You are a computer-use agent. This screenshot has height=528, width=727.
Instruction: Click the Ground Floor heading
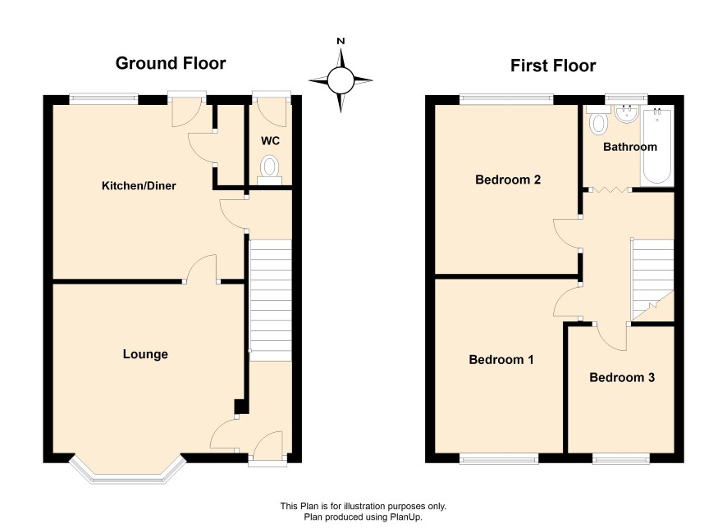[x=171, y=63]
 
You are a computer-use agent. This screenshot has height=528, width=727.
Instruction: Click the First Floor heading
[x=553, y=66]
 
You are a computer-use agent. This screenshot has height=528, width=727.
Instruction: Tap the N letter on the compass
[x=341, y=41]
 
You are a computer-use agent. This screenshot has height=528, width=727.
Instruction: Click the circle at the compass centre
[x=341, y=80]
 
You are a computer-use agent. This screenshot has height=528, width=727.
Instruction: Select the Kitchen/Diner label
[x=139, y=186]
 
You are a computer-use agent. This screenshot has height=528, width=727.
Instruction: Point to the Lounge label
[x=145, y=354]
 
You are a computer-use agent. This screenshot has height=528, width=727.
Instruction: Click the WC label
[x=270, y=141]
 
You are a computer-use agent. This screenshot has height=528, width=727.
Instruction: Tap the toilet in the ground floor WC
[x=270, y=170]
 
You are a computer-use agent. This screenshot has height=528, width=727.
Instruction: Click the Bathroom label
[x=630, y=147]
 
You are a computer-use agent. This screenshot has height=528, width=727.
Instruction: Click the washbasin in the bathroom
[x=628, y=113]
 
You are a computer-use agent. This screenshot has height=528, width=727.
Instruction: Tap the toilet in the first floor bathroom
[x=597, y=120]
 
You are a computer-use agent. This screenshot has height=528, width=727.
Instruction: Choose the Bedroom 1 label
[x=501, y=359]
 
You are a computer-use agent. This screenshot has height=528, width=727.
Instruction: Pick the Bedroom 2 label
[x=508, y=180]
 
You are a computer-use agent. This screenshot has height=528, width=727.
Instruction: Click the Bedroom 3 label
[x=622, y=377]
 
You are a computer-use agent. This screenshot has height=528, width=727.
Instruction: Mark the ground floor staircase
[x=271, y=300]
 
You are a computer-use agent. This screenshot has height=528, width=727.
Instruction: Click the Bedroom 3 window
[x=621, y=458]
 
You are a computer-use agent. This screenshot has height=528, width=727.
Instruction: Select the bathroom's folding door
[x=610, y=190]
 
